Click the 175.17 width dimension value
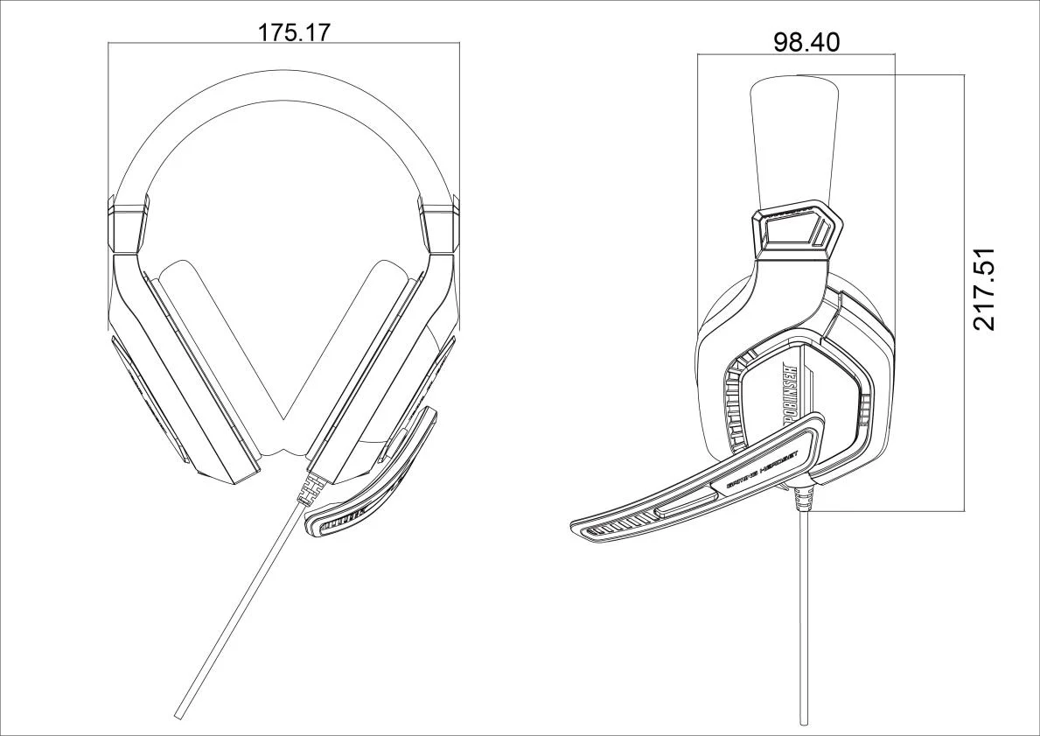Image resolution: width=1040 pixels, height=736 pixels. tap(293, 32)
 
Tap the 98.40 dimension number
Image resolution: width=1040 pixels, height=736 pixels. tap(806, 42)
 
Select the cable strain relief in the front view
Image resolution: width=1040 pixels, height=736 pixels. tap(308, 489)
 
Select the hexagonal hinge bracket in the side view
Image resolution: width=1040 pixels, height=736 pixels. tap(796, 229)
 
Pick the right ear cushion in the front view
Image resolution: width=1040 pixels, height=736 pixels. tap(363, 350)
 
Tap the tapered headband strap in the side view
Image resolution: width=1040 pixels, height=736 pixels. tap(794, 140)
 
